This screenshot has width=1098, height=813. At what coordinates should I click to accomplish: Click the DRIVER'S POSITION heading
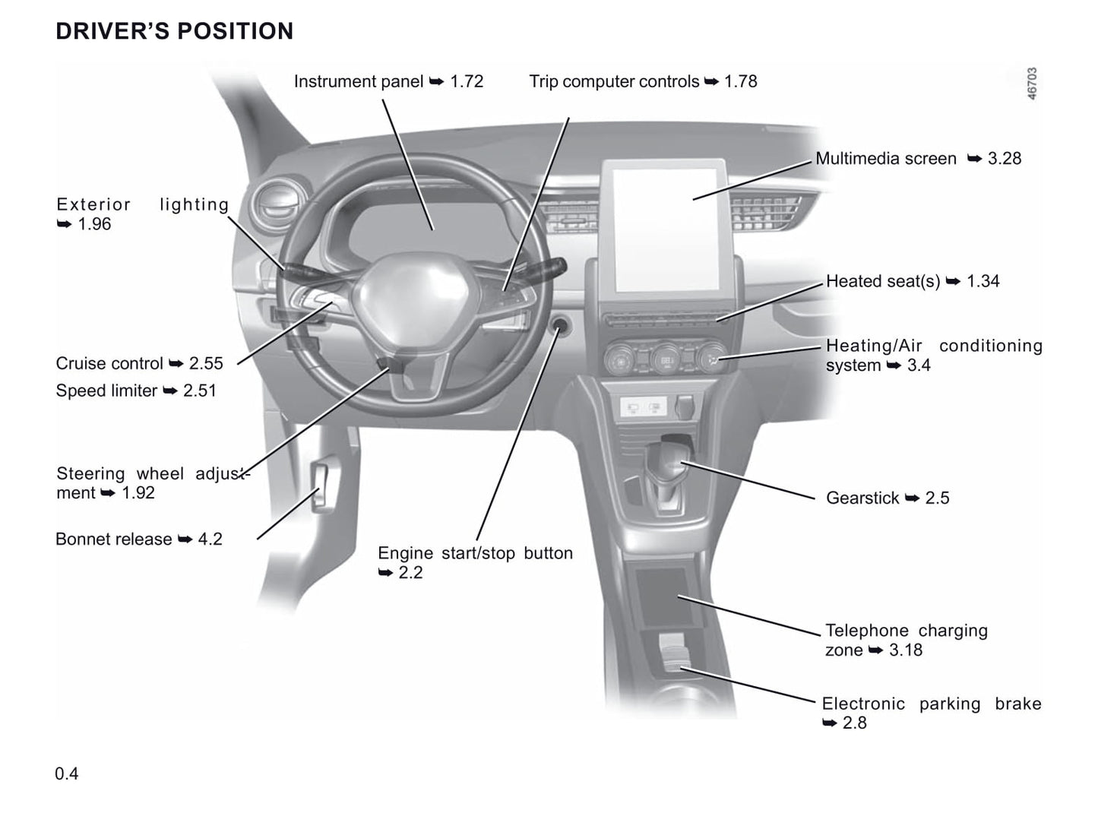coord(174,31)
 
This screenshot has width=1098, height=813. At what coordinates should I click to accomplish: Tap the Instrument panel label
coord(358,81)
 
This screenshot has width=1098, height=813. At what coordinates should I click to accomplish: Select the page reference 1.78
coord(741,81)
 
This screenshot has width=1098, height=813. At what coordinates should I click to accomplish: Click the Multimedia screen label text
coord(885,159)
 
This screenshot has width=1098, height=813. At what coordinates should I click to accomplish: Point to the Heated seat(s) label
coord(883,281)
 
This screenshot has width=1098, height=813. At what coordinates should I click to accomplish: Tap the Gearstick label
coord(862,498)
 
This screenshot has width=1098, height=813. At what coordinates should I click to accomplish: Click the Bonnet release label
coord(114,539)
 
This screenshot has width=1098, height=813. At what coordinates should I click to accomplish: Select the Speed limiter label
coord(106,391)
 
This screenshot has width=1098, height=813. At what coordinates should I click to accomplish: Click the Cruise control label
coord(109,363)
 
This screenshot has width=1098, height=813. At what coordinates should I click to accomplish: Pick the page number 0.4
coord(67,773)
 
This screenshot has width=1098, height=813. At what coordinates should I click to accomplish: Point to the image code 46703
coord(1032,84)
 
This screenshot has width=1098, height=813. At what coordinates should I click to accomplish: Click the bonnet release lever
coord(322,486)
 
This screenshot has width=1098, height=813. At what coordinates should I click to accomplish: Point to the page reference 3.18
coord(906,650)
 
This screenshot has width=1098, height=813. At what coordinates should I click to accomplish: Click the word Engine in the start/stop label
coord(405,553)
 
